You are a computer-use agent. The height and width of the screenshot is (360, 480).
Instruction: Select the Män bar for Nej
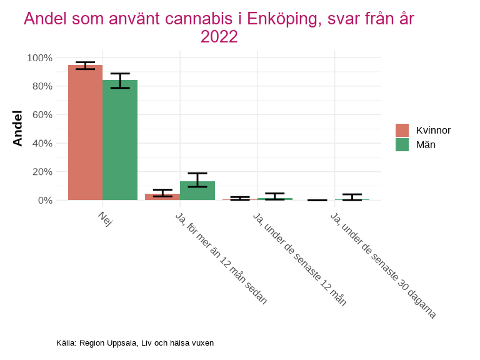pos(120,140)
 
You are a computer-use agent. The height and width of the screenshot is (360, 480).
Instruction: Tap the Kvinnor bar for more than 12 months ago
pos(162,197)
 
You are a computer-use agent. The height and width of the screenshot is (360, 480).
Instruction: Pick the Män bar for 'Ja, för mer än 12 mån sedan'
pos(197,191)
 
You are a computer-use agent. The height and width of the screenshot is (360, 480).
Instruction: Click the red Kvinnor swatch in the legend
pos(402,130)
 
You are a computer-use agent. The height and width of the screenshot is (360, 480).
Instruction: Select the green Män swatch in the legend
pos(402,144)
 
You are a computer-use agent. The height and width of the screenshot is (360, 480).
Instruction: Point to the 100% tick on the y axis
pos(39,57)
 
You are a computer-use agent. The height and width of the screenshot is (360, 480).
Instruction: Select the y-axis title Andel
pos(17,128)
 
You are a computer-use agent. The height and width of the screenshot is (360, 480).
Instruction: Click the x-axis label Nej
pos(105,219)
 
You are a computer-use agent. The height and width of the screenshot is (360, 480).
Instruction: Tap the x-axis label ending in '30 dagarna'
pos(382,266)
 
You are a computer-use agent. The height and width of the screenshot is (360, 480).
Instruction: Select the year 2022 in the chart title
pos(219,37)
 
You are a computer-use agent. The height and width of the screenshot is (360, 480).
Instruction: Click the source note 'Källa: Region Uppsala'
pos(134,343)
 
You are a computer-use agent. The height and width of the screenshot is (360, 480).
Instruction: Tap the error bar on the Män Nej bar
pos(120,80)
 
